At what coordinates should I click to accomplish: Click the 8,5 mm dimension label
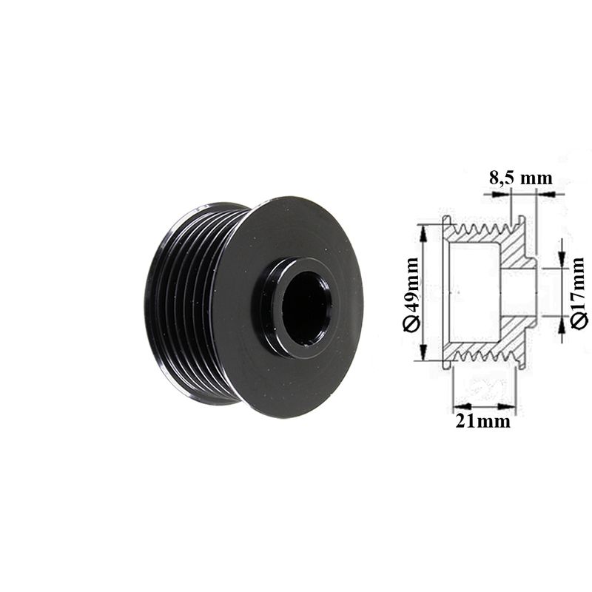521,178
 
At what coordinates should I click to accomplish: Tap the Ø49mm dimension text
411,295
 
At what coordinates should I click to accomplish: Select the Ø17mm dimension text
579,293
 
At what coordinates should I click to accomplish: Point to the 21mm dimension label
483,420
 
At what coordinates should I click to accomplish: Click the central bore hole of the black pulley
306,308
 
